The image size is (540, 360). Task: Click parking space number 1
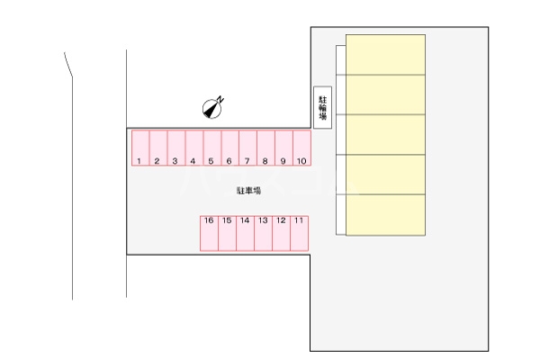(140, 148)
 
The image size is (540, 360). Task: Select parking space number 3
(176, 148)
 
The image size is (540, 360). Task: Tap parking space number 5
(212, 148)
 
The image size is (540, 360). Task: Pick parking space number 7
(248, 148)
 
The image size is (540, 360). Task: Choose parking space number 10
(302, 148)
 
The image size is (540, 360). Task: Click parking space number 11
(300, 233)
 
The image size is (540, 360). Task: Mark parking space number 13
(263, 233)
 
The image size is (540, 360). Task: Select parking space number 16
(209, 233)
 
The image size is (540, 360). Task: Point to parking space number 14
(245, 233)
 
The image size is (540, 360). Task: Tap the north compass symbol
(212, 108)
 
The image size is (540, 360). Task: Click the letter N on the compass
(220, 100)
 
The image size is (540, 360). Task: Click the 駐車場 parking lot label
(248, 191)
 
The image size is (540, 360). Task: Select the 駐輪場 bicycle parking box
(323, 107)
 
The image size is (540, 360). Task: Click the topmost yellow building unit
(386, 54)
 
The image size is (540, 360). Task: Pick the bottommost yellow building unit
(386, 215)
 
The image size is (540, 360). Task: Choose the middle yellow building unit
(386, 134)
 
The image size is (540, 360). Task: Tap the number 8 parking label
(265, 161)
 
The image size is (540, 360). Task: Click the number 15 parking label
(227, 220)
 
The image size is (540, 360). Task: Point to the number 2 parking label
(157, 161)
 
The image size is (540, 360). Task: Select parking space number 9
(283, 148)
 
